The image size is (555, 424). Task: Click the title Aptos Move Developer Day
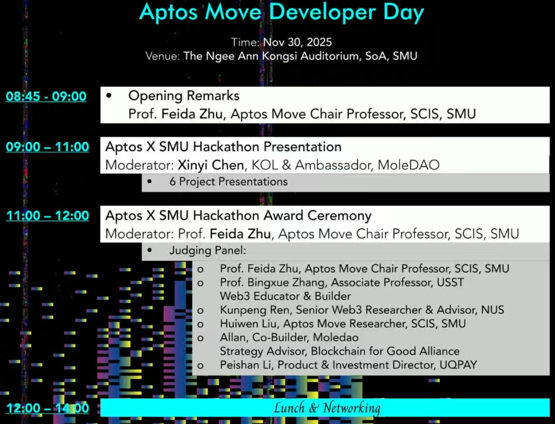tap(281, 12)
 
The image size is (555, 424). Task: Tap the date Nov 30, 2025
tap(297, 42)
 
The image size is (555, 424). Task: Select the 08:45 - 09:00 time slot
tap(46, 96)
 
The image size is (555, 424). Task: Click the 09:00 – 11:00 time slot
tap(47, 147)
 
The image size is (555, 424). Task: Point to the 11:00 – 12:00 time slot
tap(47, 216)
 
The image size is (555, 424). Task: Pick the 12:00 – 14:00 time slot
tap(47, 408)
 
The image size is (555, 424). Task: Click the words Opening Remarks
tap(184, 96)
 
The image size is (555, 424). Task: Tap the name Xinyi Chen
tap(211, 165)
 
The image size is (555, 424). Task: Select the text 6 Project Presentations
tap(228, 182)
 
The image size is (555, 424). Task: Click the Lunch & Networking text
tap(327, 408)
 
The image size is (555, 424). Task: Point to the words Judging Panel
tap(207, 251)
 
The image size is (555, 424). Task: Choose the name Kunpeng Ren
tap(255, 310)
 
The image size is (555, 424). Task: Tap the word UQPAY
tap(458, 365)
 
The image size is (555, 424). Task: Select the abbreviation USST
tap(450, 282)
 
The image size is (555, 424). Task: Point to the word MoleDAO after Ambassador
tap(409, 165)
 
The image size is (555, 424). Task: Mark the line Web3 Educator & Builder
tap(286, 296)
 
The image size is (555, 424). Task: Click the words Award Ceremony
tap(318, 216)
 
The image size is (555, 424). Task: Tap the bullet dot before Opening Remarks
tap(109, 96)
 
